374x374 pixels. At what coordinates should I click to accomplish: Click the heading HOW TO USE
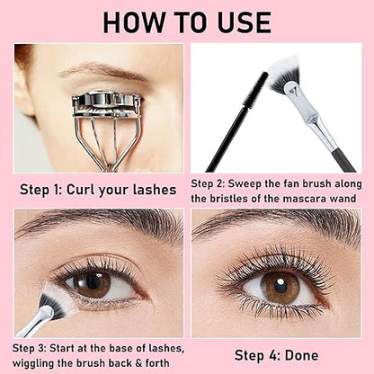point(187,21)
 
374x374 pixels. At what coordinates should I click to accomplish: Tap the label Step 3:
point(37,346)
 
